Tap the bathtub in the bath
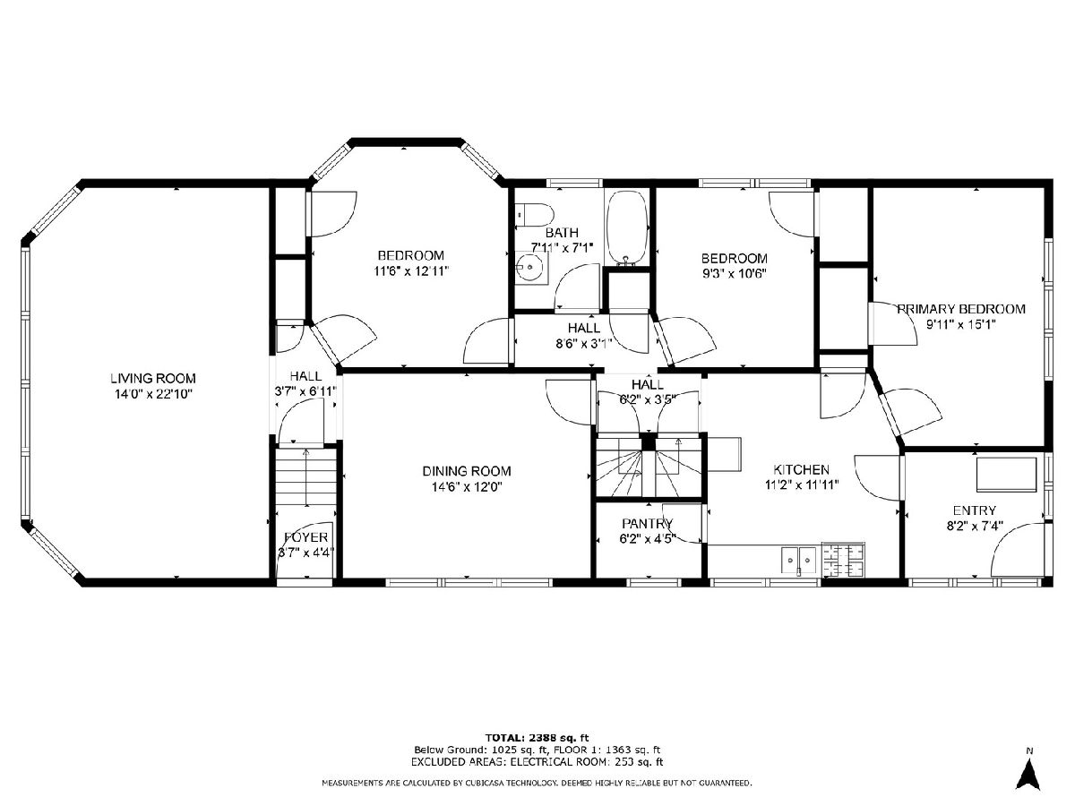pos(627,228)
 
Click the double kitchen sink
pos(799,560)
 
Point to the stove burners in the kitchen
pos(843,558)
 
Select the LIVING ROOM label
pos(153,378)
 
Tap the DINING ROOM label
pos(466,471)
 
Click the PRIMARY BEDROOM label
pos(961,309)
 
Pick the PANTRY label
pos(648,524)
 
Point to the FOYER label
pos(306,537)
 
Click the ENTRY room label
pos(974,510)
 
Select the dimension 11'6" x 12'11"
pos(411,271)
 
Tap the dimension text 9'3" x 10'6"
pos(734,273)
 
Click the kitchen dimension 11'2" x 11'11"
pos(802,485)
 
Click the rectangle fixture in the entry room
pos(1006,475)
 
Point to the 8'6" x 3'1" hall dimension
pos(584,344)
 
